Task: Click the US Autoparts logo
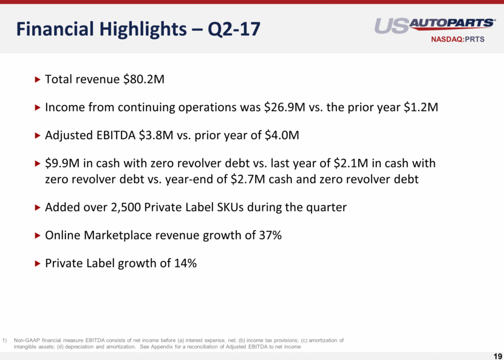tap(435, 26)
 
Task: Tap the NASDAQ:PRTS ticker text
tap(458, 39)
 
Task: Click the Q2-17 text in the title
tap(234, 29)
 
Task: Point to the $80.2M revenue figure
tap(144, 79)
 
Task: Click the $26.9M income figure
tap(284, 107)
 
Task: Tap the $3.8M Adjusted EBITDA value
tap(156, 135)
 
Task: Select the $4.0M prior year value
tap(282, 135)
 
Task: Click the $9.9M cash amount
tap(63, 163)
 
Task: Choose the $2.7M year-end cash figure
tap(248, 179)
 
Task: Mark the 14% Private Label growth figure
tap(185, 263)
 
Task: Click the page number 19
tap(497, 355)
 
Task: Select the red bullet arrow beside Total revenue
tap(37, 79)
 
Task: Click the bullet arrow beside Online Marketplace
tap(37, 236)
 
